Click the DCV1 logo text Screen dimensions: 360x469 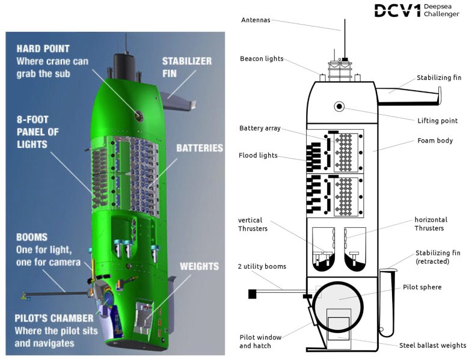point(396,10)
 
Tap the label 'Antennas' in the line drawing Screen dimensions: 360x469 point(256,20)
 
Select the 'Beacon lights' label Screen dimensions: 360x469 point(261,59)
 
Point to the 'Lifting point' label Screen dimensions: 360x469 point(437,121)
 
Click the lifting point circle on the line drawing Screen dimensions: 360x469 point(339,107)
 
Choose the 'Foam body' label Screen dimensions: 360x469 point(435,141)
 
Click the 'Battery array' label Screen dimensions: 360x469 point(260,129)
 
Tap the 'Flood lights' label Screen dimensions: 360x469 point(258,156)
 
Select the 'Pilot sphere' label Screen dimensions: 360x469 point(422,287)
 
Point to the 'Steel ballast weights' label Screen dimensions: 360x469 point(432,346)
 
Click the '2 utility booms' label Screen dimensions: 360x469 point(262,266)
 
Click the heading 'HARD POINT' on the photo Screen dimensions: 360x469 point(44,49)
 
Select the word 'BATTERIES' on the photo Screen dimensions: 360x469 point(200,148)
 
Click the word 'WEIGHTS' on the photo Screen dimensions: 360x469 point(199,266)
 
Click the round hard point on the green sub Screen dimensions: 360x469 point(139,114)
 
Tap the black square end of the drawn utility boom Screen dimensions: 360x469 point(252,294)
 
